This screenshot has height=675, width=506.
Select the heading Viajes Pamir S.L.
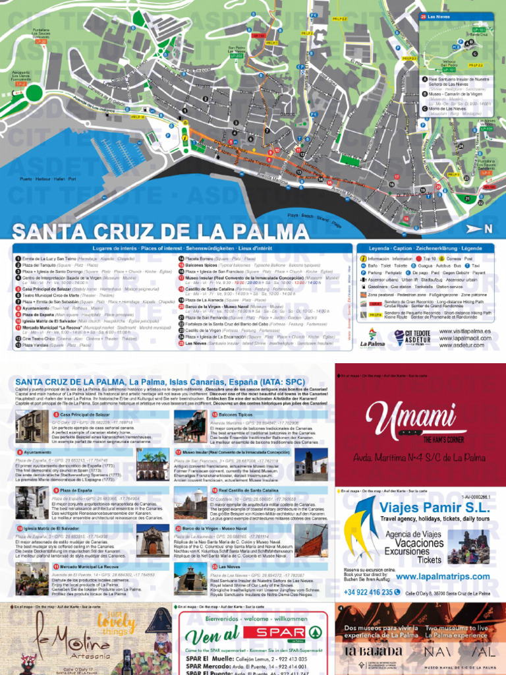[435, 508]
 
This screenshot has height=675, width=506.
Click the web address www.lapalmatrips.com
[443, 577]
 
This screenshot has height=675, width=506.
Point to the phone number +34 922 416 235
[378, 592]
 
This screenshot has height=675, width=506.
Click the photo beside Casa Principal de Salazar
[32, 427]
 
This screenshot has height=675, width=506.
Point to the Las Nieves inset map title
[439, 16]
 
